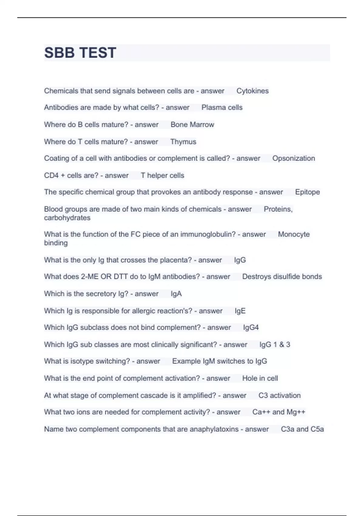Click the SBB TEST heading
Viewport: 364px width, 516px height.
[x=80, y=53]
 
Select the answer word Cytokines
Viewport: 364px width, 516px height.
[x=252, y=91]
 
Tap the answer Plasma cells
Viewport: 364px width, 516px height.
[x=222, y=107]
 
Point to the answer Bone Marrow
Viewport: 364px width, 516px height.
[x=192, y=124]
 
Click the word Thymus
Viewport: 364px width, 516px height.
[x=183, y=142]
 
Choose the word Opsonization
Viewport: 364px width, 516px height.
[x=293, y=158]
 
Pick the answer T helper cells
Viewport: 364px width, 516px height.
[x=163, y=175]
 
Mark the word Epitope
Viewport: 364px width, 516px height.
[x=307, y=192]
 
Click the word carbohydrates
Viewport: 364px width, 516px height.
[x=67, y=218]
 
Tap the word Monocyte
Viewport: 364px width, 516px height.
[x=294, y=234]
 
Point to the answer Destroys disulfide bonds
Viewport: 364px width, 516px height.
[x=282, y=277]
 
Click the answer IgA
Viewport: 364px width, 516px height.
[x=176, y=294]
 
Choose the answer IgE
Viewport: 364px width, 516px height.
[x=240, y=311]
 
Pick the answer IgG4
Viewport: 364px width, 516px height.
[x=251, y=328]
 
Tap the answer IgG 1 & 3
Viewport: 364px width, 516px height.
[x=275, y=345]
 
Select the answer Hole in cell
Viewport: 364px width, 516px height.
[x=260, y=378]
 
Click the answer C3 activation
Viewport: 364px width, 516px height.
[x=279, y=395]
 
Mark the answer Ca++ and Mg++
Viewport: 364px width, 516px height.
[x=279, y=412]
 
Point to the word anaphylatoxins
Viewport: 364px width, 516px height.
[x=214, y=429]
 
